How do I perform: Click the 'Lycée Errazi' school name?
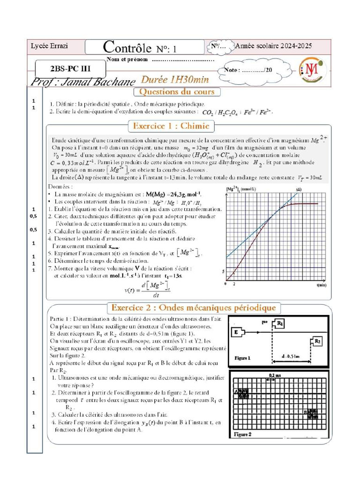point(43,46)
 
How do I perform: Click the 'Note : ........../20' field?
point(248,70)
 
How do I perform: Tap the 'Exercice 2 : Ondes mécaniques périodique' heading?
point(196,308)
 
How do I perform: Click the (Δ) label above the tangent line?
point(298,189)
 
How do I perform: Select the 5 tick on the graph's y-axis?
point(224,271)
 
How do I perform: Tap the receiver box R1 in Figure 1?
point(279,323)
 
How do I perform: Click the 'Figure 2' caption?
point(243,435)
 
